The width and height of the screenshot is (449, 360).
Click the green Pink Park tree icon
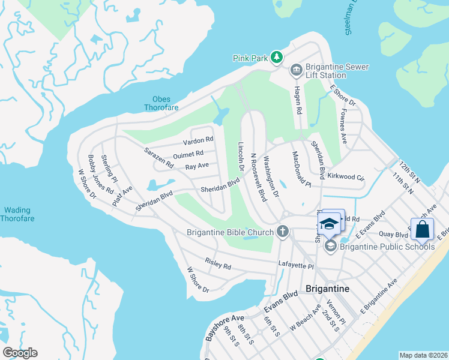pyautogui.click(x=276, y=58)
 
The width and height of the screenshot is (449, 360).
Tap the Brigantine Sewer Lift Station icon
pyautogui.click(x=295, y=71)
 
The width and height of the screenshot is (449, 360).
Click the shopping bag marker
pyautogui.click(x=423, y=229)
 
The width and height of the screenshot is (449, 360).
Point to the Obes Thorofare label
pyautogui.click(x=157, y=104)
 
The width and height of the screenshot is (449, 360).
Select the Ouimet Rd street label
pyautogui.click(x=188, y=154)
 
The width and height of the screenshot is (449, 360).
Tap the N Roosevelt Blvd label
pyautogui.click(x=258, y=176)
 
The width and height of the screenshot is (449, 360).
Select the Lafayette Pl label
pyautogui.click(x=296, y=265)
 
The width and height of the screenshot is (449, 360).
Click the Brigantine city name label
pyautogui.click(x=328, y=289)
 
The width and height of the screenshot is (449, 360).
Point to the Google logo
pyautogui.click(x=20, y=353)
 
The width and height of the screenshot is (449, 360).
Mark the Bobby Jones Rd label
pyautogui.click(x=101, y=173)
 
